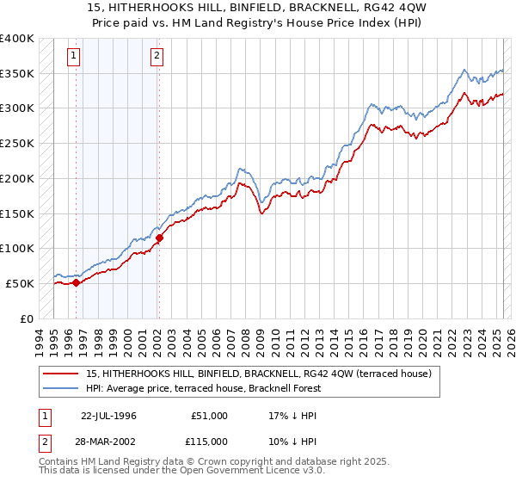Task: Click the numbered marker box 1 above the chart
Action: (x=75, y=58)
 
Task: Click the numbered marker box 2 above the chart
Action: (x=157, y=58)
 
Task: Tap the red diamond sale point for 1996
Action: (x=76, y=281)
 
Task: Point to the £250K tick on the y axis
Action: (x=17, y=144)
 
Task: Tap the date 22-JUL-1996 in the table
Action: (x=108, y=416)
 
